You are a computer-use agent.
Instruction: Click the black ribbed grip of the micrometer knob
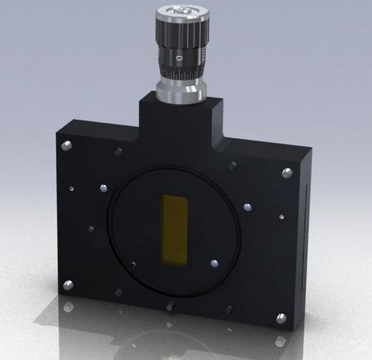point(178,32)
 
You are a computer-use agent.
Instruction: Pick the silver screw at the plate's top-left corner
point(67,146)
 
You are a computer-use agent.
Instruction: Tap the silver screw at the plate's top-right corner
point(287,173)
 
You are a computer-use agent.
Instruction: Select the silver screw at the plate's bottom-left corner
point(68,286)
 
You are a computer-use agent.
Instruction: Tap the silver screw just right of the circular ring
point(247,207)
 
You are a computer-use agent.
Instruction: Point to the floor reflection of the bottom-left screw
point(68,307)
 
